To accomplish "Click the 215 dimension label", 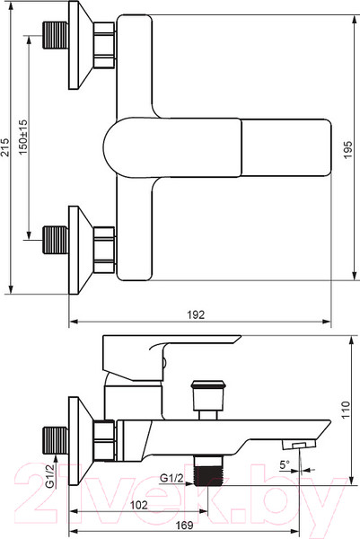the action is [x=4, y=147].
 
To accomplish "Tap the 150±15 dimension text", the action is [x=22, y=137].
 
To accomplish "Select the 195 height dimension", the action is [x=348, y=149].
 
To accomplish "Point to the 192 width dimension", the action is [x=196, y=314].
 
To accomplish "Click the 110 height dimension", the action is [x=346, y=410].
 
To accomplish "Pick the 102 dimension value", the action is [x=139, y=505].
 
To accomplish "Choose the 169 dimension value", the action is [x=184, y=526].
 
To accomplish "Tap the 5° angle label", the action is [x=285, y=465].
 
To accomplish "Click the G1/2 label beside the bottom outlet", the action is [x=171, y=478].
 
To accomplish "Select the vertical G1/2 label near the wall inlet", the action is [x=50, y=476].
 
